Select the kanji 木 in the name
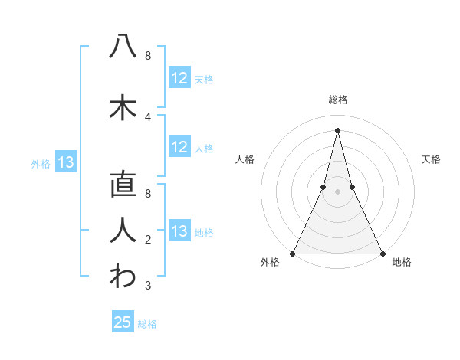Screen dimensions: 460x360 point(123,106)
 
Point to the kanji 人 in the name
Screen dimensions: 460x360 point(123,230)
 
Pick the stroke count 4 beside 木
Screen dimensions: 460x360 point(148,116)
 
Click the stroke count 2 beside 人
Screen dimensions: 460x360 point(148,241)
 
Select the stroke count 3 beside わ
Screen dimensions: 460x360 point(148,286)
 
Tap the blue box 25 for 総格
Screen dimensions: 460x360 point(123,322)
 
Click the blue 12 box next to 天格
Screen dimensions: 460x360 point(179,78)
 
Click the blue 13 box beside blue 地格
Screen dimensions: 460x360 point(179,231)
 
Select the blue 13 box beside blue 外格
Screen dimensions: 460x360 point(66,162)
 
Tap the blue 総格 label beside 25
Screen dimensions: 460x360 point(147,324)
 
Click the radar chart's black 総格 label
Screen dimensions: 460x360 point(337,100)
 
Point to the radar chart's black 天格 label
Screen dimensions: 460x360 point(432,159)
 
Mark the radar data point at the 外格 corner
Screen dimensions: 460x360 point(293,253)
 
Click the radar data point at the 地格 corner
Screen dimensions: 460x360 point(382,253)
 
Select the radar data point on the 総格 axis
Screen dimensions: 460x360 point(337,129)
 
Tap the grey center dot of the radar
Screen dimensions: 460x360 point(337,192)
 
